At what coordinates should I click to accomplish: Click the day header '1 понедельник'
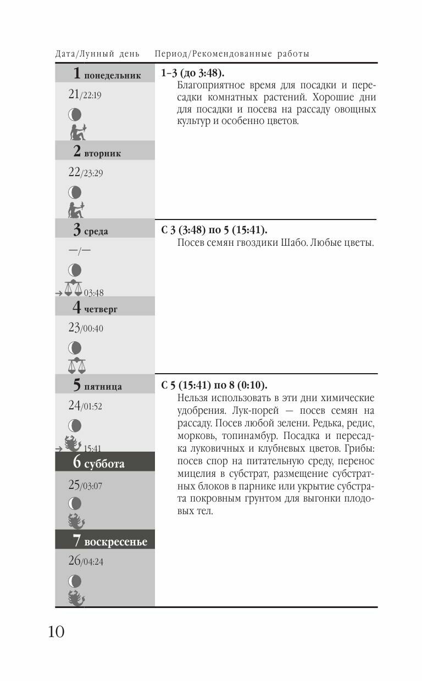pyautogui.click(x=107, y=74)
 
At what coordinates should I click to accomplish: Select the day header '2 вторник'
pyautogui.click(x=97, y=152)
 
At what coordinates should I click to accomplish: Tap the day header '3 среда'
pyautogui.click(x=90, y=230)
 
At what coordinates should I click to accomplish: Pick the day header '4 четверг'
pyautogui.click(x=95, y=308)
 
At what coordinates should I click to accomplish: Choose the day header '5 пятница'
pyautogui.click(x=97, y=386)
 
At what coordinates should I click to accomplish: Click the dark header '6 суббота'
pyautogui.click(x=99, y=463)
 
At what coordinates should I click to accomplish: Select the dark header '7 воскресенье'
pyautogui.click(x=110, y=541)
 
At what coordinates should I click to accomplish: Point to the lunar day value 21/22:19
pyautogui.click(x=85, y=94)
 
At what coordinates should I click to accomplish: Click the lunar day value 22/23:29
pyautogui.click(x=85, y=172)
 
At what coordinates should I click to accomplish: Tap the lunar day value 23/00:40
pyautogui.click(x=85, y=328)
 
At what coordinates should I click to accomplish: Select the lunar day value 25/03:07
pyautogui.click(x=85, y=485)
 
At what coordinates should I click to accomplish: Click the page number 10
pyautogui.click(x=56, y=632)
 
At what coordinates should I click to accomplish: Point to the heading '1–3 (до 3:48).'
pyautogui.click(x=193, y=74)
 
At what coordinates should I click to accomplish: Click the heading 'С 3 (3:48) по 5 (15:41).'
pyautogui.click(x=214, y=230)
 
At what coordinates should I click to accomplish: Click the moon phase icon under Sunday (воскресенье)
pyautogui.click(x=75, y=581)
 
